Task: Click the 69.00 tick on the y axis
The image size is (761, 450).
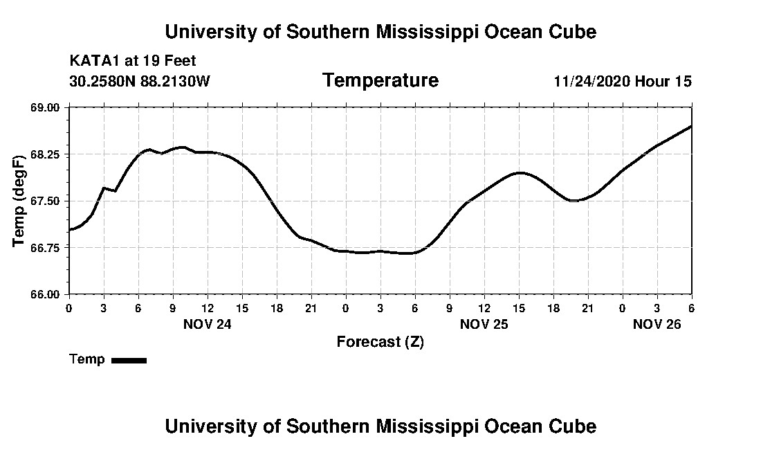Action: pyautogui.click(x=47, y=107)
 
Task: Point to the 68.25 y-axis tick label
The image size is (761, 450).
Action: pyautogui.click(x=47, y=154)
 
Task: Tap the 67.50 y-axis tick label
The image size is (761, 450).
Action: pyautogui.click(x=47, y=201)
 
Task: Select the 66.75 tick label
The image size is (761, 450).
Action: pyautogui.click(x=47, y=247)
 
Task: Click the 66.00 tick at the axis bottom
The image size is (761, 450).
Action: pyautogui.click(x=47, y=294)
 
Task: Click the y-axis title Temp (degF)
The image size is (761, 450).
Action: pyautogui.click(x=19, y=201)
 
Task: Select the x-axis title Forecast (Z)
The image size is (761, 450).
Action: pyautogui.click(x=380, y=341)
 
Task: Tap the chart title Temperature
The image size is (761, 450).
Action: pyautogui.click(x=380, y=81)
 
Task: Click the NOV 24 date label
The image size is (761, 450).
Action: pyautogui.click(x=207, y=323)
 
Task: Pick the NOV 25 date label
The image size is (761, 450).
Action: pyautogui.click(x=484, y=323)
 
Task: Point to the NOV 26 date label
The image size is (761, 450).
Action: pyautogui.click(x=657, y=323)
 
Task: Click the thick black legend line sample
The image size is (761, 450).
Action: pyautogui.click(x=129, y=360)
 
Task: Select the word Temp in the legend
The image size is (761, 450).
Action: pyautogui.click(x=87, y=359)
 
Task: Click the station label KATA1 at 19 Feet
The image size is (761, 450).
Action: pyautogui.click(x=133, y=61)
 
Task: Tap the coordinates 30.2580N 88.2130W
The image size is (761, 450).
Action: pyautogui.click(x=140, y=81)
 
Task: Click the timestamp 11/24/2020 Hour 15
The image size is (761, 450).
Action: pyautogui.click(x=622, y=81)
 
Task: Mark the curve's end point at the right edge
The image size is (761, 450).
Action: pyautogui.click(x=691, y=127)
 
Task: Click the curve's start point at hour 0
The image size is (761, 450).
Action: pyautogui.click(x=69, y=230)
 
